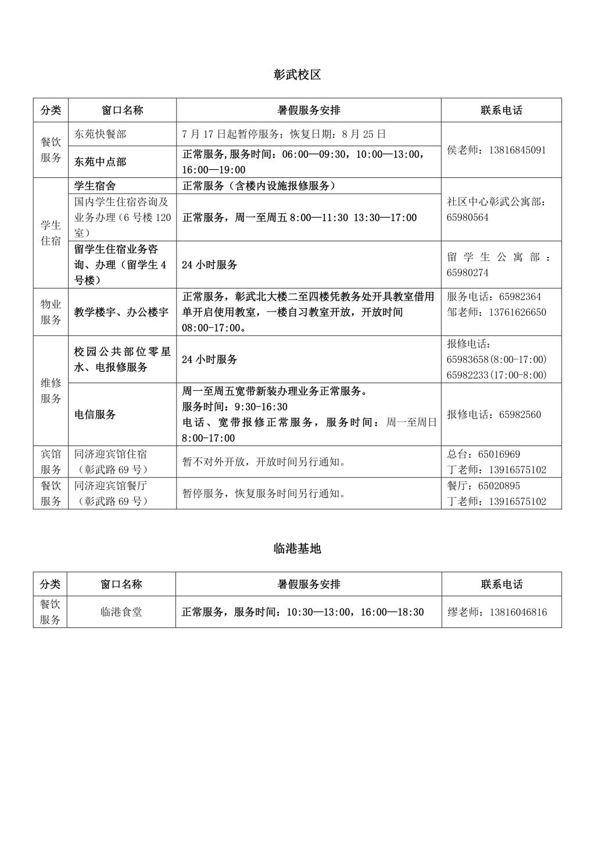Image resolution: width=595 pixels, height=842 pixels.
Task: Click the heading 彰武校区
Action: point(297,74)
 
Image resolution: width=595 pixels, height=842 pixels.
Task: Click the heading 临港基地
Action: point(297,548)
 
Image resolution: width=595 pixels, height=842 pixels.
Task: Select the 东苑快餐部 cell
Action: point(100,134)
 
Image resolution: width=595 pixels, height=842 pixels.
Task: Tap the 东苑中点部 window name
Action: point(100,162)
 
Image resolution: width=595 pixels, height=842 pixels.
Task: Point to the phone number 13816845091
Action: point(517,150)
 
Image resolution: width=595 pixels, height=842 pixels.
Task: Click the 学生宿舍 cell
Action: point(95,186)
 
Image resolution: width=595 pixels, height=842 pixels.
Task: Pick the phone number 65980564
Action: point(467,217)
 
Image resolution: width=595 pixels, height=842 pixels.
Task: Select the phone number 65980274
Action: point(467,273)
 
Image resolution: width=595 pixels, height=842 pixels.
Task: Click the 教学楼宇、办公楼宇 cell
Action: point(121,312)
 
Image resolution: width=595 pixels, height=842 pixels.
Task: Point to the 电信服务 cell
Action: point(95,415)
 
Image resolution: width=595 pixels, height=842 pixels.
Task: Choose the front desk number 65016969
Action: point(499,454)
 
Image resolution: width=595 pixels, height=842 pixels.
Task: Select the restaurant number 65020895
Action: point(499,486)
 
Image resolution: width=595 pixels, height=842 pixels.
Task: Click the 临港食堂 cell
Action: point(121,612)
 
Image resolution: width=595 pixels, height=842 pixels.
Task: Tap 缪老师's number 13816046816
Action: point(518,612)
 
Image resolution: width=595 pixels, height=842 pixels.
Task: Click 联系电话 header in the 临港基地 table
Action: point(501,584)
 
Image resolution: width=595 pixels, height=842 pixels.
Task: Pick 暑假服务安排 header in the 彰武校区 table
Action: point(309,110)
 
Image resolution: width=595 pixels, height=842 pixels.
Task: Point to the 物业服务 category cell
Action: point(51,312)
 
